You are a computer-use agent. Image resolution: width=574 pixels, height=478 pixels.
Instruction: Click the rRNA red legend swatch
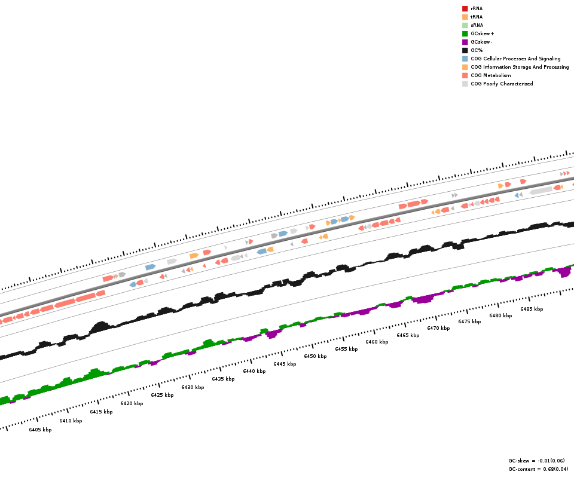pos(465,8)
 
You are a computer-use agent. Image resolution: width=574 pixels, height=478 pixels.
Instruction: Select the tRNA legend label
pos(477,17)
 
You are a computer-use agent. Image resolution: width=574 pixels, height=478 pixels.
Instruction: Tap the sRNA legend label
pos(477,25)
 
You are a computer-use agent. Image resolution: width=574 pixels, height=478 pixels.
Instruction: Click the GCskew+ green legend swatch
pos(465,33)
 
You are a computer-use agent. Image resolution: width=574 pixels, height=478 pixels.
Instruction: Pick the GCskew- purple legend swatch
pos(465,42)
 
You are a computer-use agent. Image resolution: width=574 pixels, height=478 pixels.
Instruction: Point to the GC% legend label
pos(477,50)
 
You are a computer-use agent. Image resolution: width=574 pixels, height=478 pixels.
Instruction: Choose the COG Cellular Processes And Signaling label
pos(515,59)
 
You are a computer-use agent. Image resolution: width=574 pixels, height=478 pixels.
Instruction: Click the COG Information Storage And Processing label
pos(520,67)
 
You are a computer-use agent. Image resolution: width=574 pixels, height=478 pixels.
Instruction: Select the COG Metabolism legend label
pos(491,75)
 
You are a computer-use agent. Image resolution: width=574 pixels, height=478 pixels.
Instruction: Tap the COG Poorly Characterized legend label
pos(502,84)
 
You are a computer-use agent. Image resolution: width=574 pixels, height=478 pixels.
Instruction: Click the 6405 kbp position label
pos(40,430)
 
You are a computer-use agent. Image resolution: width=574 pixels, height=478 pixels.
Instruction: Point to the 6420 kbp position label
pos(132,403)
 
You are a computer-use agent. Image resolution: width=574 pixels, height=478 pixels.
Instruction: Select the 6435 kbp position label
pos(223,379)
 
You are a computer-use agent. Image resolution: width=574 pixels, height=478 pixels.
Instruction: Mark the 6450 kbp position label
pos(315,356)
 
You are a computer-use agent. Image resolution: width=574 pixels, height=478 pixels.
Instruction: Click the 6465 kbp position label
pos(408,335)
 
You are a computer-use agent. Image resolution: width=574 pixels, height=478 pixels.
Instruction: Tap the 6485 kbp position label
pos(532,309)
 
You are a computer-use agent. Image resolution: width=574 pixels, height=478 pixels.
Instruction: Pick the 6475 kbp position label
pos(469,321)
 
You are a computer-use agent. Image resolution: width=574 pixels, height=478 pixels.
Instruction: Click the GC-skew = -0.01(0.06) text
pos(536,461)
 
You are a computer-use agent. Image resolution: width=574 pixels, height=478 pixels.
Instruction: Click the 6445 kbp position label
pos(285,364)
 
